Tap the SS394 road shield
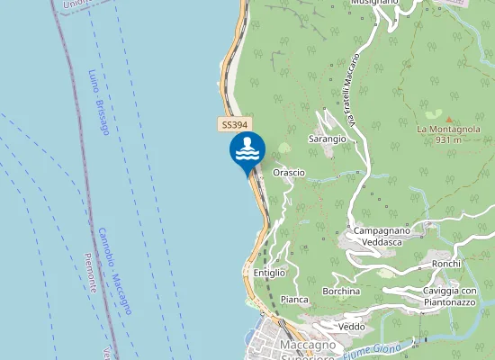[234, 125]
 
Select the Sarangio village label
[327, 139]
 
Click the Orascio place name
[289, 172]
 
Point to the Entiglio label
[269, 272]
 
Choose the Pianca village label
[294, 299]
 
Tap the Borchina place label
[341, 292]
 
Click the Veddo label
[351, 326]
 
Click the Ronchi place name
[446, 263]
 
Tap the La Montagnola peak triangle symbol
[449, 118]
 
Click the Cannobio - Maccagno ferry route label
[115, 270]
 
